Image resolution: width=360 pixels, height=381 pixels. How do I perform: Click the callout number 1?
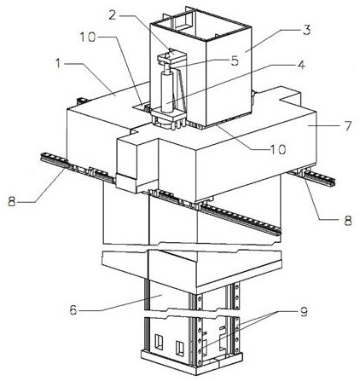tap(58, 64)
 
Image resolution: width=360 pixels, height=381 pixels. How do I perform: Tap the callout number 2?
tap(113, 15)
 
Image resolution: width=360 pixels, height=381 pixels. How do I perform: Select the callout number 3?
tap(306, 30)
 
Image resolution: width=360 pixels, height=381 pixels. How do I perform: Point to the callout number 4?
tap(301, 65)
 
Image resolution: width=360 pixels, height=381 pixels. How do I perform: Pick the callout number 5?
tap(235, 61)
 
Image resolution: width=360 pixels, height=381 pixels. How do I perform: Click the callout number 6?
tap(73, 309)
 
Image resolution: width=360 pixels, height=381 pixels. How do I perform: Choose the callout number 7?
tap(348, 125)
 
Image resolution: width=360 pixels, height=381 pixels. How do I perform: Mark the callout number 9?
tap(304, 312)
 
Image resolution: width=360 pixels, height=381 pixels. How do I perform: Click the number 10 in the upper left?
tap(87, 38)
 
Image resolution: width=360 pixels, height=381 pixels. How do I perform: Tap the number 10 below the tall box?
tap(277, 149)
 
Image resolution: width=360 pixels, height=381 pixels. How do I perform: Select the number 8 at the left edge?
tap(12, 202)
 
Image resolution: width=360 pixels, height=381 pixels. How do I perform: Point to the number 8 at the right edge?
tap(348, 220)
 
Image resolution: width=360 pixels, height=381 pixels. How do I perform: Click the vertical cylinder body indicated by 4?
tap(167, 91)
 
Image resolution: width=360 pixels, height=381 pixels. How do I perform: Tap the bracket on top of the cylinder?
tap(171, 58)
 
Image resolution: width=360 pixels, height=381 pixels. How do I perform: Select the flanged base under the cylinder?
tap(168, 118)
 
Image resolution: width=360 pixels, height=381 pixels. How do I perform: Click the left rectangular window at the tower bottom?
tap(159, 342)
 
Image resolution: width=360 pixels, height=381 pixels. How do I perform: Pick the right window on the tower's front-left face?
tap(180, 348)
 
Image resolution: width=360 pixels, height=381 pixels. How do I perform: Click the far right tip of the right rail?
tap(335, 182)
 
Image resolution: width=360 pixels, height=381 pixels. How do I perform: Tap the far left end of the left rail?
tap(42, 156)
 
